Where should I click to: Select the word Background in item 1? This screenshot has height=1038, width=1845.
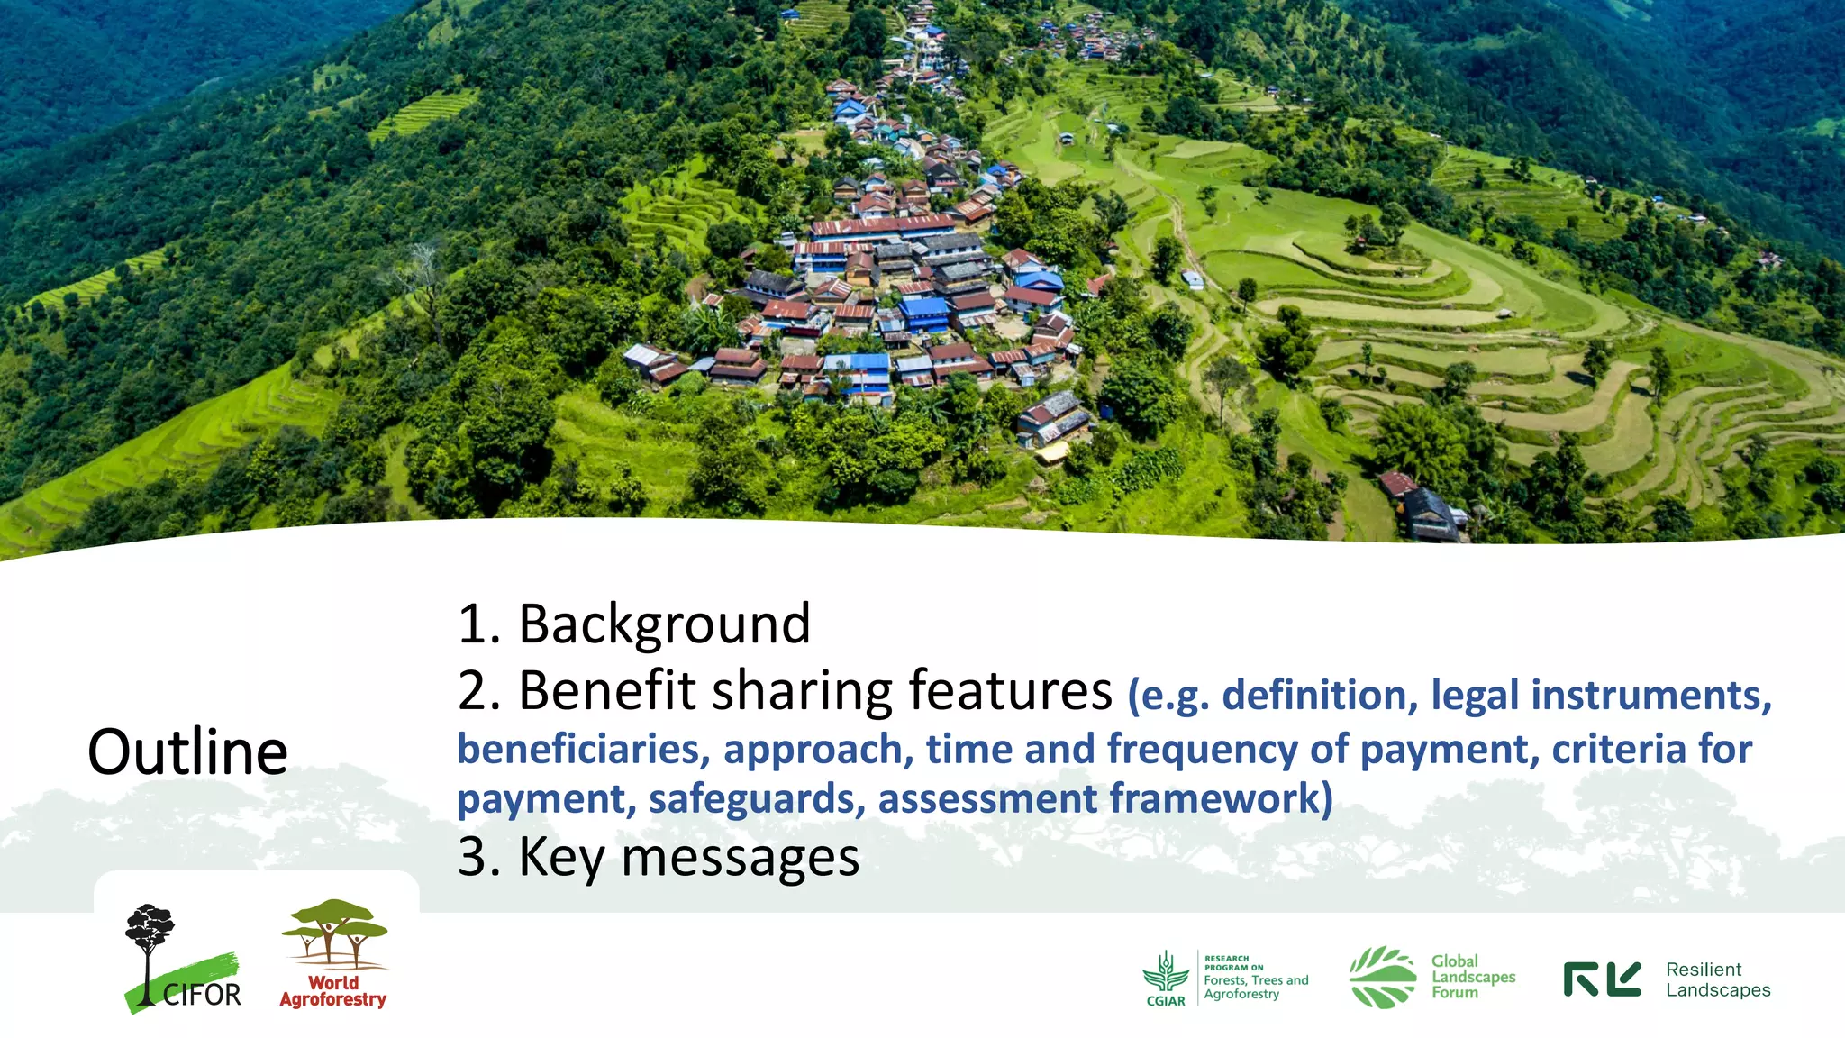[x=665, y=624]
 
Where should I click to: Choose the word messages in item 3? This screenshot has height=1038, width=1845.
[x=740, y=857]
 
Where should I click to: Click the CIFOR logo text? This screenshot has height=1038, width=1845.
[x=202, y=995]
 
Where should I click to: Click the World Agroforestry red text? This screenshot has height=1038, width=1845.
[x=333, y=991]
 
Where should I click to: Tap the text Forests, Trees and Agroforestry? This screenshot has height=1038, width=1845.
[x=1256, y=987]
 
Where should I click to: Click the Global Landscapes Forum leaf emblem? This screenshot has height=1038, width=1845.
[x=1382, y=977]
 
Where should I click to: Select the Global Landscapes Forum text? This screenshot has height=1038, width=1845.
[x=1473, y=977]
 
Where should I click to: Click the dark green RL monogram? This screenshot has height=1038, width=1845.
[x=1602, y=979]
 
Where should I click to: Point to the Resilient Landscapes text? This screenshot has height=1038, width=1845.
[x=1717, y=979]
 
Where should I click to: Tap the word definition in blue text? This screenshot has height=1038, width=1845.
[x=1313, y=696]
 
